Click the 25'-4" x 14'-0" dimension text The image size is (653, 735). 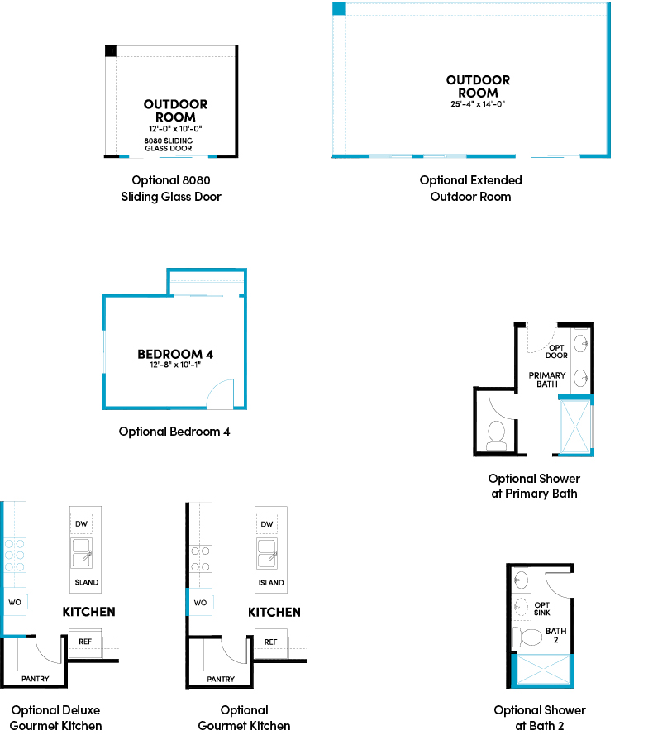(478, 104)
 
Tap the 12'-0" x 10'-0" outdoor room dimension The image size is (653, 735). (175, 129)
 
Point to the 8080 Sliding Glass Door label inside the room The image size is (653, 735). (169, 145)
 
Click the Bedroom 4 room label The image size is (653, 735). (175, 354)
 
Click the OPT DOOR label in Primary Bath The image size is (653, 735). (556, 351)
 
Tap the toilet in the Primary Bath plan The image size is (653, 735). (497, 436)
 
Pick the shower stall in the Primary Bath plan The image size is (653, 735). (575, 426)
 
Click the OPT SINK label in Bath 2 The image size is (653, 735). (542, 609)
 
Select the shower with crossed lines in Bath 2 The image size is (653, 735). (542, 670)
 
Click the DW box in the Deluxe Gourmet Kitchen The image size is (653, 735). (82, 523)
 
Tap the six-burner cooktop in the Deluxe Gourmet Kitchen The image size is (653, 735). (14, 556)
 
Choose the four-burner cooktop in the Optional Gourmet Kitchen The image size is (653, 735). (200, 559)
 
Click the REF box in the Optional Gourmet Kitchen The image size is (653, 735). (270, 642)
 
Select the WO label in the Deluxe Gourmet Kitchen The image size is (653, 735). (15, 603)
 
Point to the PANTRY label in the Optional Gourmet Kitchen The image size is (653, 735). (221, 680)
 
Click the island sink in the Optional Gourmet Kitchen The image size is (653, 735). (267, 554)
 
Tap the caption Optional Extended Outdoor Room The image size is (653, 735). (470, 189)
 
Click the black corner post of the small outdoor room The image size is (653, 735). (111, 51)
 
